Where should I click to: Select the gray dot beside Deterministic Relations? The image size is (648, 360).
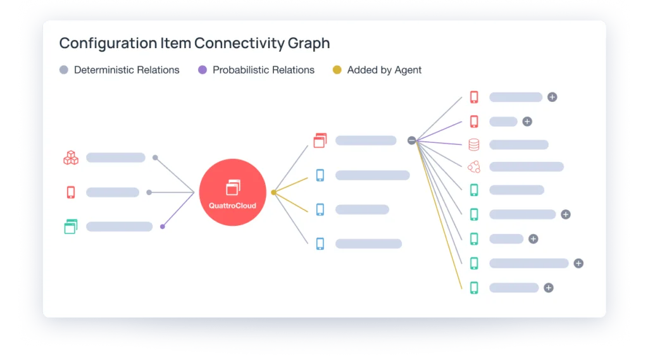[63, 70]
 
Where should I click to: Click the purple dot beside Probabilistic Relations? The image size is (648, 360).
[202, 70]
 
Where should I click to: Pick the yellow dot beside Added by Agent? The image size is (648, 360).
[337, 70]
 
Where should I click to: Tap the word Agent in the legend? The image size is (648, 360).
[407, 70]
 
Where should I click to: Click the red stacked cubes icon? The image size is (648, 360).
[71, 158]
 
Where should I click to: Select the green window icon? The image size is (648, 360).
[70, 227]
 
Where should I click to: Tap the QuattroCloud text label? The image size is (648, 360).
[232, 205]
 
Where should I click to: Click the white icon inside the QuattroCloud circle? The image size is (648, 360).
[233, 187]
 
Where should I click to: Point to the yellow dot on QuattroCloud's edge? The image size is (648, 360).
[273, 192]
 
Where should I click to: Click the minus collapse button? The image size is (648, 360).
[412, 140]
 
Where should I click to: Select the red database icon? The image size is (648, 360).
[474, 145]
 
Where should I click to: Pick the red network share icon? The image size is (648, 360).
[474, 167]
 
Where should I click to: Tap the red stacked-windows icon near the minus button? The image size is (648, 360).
[320, 140]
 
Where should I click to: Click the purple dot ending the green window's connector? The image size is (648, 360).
[163, 227]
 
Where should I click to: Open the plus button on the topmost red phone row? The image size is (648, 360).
[552, 97]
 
